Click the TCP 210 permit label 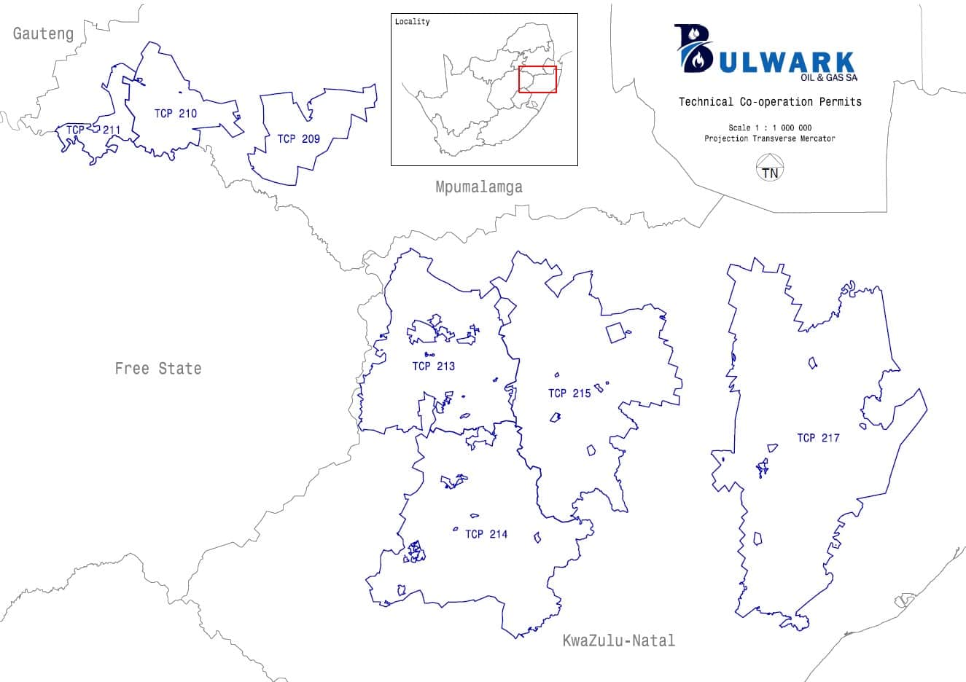click(x=175, y=113)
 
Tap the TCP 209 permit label click(x=298, y=138)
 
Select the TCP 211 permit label click(x=93, y=130)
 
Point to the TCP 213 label click(x=433, y=366)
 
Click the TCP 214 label click(x=486, y=534)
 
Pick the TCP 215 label click(x=569, y=393)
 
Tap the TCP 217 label click(x=818, y=438)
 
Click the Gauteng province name click(x=43, y=34)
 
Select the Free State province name click(x=157, y=369)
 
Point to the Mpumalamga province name click(x=478, y=187)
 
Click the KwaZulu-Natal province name click(x=618, y=641)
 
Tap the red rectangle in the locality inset click(x=537, y=79)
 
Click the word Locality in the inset click(x=412, y=22)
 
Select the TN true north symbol click(x=769, y=171)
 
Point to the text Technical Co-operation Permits click(x=770, y=102)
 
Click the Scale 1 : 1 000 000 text click(x=769, y=128)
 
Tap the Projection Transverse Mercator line click(x=769, y=138)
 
